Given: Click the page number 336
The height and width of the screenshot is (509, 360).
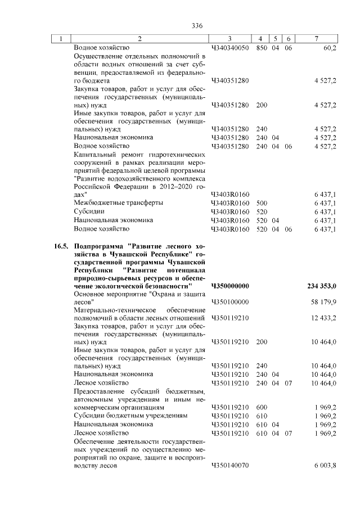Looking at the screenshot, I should click(196, 25).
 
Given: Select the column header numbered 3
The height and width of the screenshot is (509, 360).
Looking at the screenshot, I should click(230, 38).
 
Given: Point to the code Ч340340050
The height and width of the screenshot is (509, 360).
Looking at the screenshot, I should click(230, 48).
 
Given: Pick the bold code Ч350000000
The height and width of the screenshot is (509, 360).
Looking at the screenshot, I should click(230, 286).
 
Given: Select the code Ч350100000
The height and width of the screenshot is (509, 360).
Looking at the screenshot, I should click(230, 302).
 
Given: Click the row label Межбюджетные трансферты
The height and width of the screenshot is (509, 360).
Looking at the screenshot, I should click(119, 202).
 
